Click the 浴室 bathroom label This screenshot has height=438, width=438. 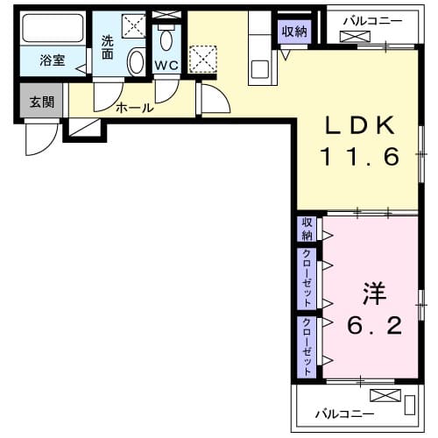coord(53,61)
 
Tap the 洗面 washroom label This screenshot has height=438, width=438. coord(107,46)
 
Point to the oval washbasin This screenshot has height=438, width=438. coord(137,62)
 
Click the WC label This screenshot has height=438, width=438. coord(166,66)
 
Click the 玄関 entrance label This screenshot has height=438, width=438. coord(41,102)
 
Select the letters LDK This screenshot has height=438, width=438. coord(358,124)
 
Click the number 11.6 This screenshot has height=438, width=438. coord(358,158)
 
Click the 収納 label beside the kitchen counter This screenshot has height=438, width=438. coord(294,32)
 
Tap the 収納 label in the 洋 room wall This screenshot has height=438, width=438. coord(307,229)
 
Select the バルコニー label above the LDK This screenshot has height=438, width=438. coord(371,18)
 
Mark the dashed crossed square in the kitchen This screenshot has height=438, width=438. coord(203,59)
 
